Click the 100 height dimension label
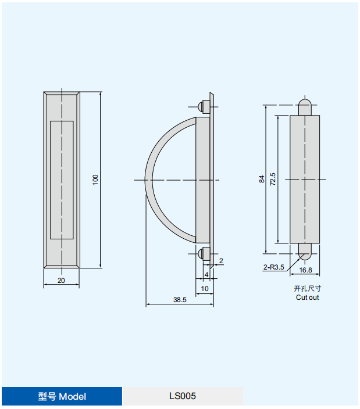point(95,180)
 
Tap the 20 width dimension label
point(61,281)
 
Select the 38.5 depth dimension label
point(180,300)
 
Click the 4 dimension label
point(206,275)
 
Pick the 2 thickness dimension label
point(221,261)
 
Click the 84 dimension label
point(262,179)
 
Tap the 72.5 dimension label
point(273,179)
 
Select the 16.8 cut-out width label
point(305,270)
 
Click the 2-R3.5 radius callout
point(273,267)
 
